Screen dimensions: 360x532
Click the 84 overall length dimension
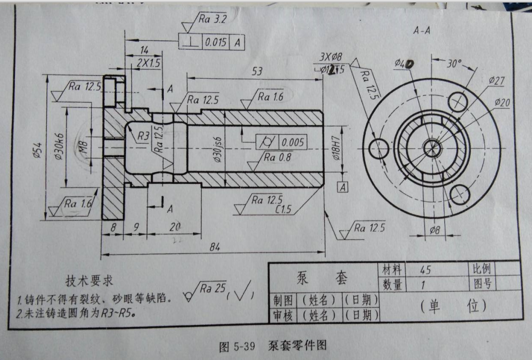tap(215, 248)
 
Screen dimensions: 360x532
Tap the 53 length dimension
tap(257, 72)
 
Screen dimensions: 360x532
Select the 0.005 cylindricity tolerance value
tap(292, 142)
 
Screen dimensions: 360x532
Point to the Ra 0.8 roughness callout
tap(278, 157)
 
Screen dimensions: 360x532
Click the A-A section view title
tap(423, 31)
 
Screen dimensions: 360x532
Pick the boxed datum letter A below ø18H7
tap(343, 187)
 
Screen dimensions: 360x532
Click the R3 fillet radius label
tap(143, 135)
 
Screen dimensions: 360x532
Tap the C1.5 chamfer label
tap(283, 209)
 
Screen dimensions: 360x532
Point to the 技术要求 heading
tap(89, 280)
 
